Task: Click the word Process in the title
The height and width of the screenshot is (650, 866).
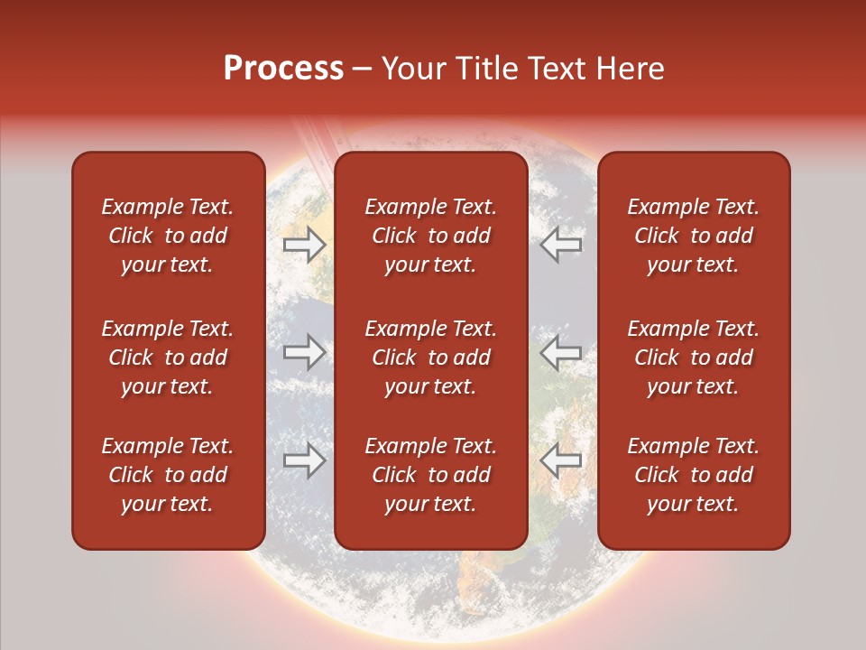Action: [283, 69]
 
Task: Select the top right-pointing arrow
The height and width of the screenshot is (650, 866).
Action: [305, 244]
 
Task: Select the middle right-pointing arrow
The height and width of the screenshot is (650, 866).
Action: [305, 353]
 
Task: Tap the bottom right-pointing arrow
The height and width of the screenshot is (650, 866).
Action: [305, 460]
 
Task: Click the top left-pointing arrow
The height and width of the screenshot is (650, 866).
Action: [561, 244]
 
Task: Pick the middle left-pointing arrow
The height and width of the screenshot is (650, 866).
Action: [561, 353]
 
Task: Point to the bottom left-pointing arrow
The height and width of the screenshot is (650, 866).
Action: [561, 460]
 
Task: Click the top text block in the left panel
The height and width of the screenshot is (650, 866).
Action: [168, 236]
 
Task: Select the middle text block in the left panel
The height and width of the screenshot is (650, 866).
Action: [168, 357]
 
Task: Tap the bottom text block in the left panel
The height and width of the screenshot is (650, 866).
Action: [168, 475]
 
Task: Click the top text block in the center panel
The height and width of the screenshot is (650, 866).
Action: [430, 236]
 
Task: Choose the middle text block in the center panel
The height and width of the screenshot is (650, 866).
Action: [430, 357]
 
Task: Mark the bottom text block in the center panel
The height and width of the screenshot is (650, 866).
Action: [430, 475]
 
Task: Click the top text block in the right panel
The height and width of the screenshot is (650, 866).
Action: [694, 236]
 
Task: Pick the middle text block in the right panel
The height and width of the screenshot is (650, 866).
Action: [694, 357]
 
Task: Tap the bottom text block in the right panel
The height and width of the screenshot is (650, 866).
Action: [694, 475]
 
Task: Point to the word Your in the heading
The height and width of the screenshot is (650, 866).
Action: [414, 69]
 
